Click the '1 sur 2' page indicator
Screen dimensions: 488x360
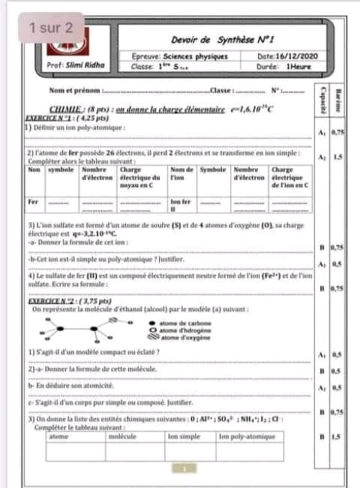52,29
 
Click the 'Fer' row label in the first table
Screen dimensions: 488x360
32,202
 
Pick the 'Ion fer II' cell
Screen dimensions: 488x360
181,205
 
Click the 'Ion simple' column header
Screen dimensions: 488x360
184,435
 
